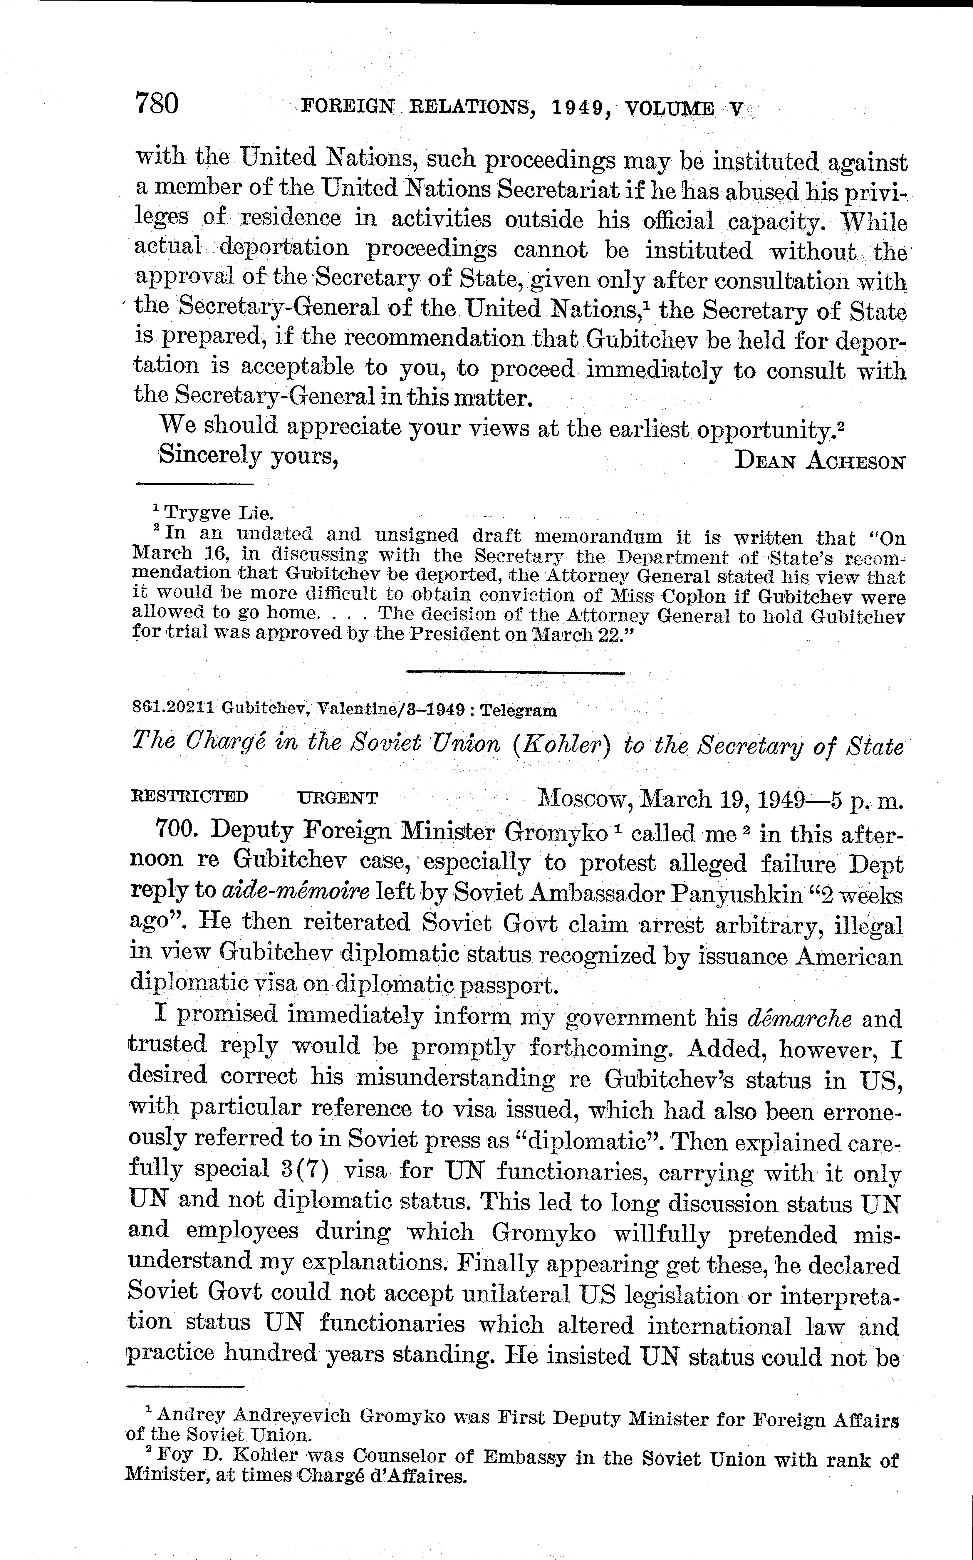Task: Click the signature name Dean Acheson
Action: coord(821,461)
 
